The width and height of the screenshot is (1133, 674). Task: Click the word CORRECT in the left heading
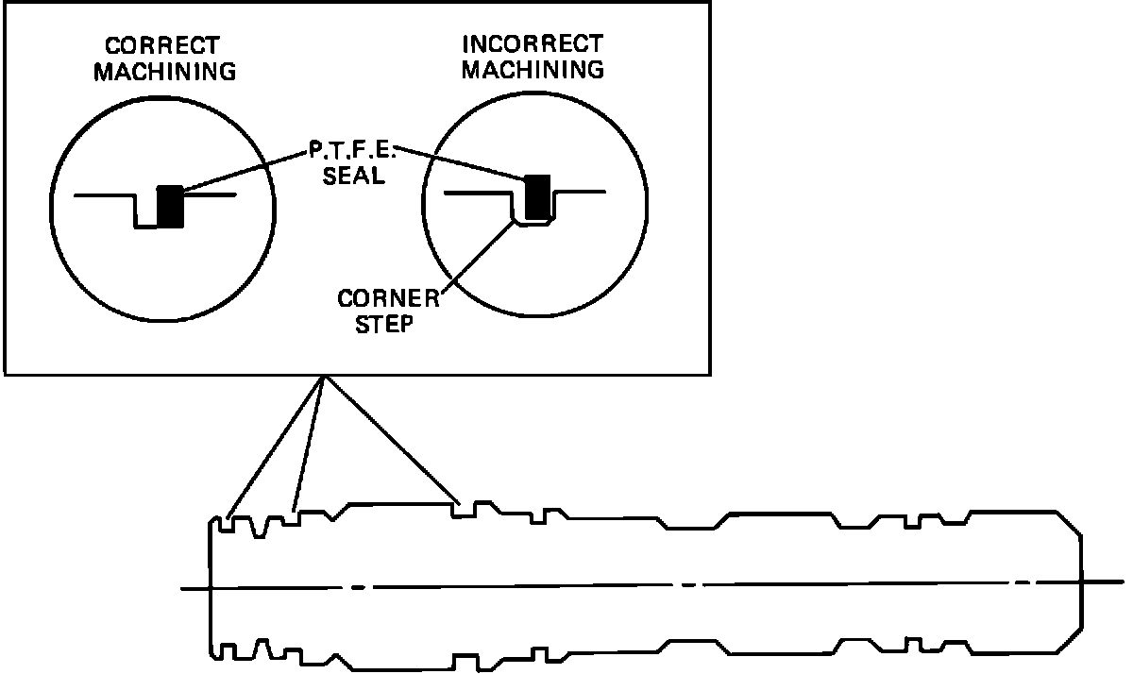[x=162, y=45]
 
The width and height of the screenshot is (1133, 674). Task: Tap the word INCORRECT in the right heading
[x=532, y=44]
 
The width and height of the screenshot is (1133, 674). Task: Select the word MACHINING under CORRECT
[x=163, y=71]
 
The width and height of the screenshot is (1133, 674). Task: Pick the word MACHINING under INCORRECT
[x=533, y=69]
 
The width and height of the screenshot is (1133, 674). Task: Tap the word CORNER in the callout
[x=388, y=299]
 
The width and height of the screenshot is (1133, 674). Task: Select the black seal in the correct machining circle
[x=171, y=206]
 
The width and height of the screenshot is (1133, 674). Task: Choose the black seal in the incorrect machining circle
[x=537, y=196]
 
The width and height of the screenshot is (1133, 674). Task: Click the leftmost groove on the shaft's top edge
[x=229, y=522]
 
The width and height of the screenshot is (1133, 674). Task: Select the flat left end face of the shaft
[x=211, y=585]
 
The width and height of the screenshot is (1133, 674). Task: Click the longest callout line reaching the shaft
[x=393, y=439]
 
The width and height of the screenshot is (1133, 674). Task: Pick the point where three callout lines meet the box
[x=324, y=376]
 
